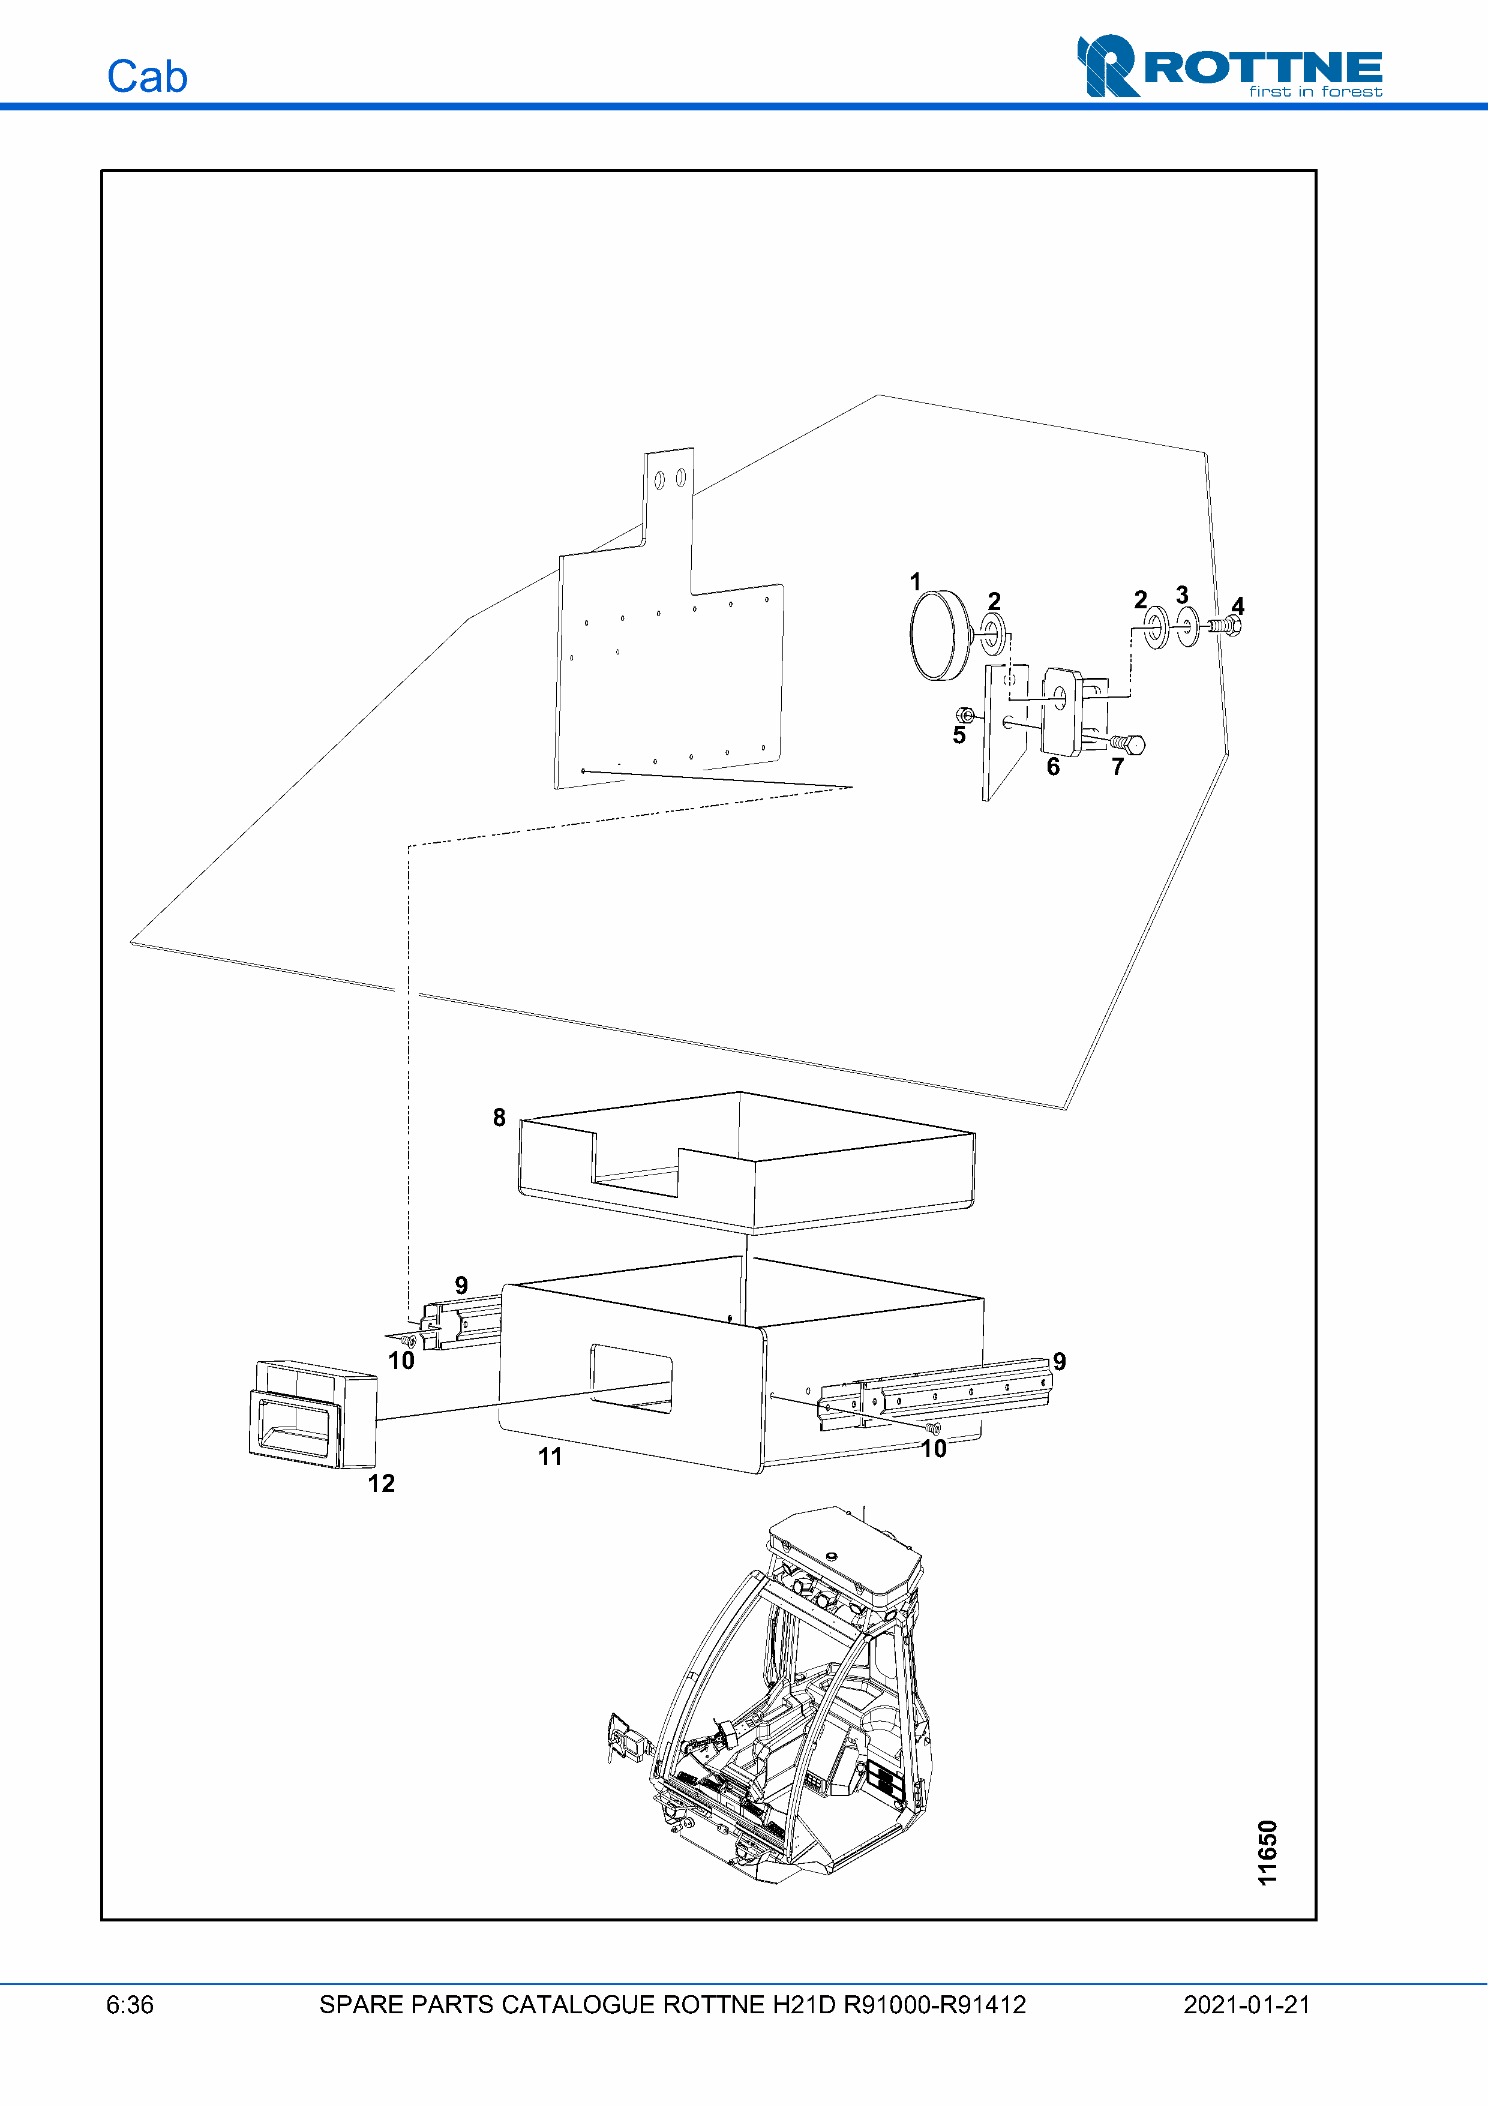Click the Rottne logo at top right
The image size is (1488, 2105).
pyautogui.click(x=1229, y=66)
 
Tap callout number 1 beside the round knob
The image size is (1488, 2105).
pyautogui.click(x=915, y=581)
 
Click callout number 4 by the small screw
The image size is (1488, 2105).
pyautogui.click(x=1238, y=606)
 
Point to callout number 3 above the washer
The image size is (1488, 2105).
pyautogui.click(x=1182, y=595)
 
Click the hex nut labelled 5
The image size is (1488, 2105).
pyautogui.click(x=965, y=714)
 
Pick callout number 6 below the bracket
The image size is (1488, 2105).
pyautogui.click(x=1054, y=767)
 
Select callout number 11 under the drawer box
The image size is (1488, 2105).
pyautogui.click(x=550, y=1456)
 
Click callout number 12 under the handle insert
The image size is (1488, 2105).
pyautogui.click(x=382, y=1484)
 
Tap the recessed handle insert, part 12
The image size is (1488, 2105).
pyautogui.click(x=313, y=1415)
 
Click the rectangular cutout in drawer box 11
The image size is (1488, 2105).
pyautogui.click(x=631, y=1379)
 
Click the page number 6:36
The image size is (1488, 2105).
pyautogui.click(x=130, y=2005)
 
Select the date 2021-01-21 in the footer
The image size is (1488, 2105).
pyautogui.click(x=1247, y=2005)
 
